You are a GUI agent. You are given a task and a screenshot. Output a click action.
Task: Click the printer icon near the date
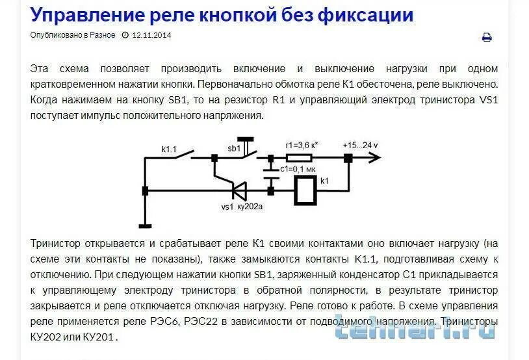click(487, 38)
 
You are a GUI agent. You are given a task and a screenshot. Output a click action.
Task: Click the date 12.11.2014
click(151, 35)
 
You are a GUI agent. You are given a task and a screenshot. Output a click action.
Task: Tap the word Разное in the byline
click(102, 35)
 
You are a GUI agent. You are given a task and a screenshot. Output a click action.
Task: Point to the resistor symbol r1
click(300, 157)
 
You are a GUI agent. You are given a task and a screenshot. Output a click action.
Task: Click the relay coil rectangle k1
click(305, 191)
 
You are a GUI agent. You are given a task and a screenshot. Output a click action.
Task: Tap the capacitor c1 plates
click(270, 174)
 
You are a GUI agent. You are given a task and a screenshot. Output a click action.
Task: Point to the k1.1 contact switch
click(179, 155)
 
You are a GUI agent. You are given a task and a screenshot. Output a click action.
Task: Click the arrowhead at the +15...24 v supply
click(373, 157)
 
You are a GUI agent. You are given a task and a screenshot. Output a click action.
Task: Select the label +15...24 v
click(360, 145)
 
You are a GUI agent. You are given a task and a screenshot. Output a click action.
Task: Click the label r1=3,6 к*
click(302, 146)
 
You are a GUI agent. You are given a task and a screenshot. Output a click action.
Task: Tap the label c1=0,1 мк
click(298, 169)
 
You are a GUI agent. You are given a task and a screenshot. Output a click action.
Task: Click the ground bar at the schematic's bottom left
click(144, 225)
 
